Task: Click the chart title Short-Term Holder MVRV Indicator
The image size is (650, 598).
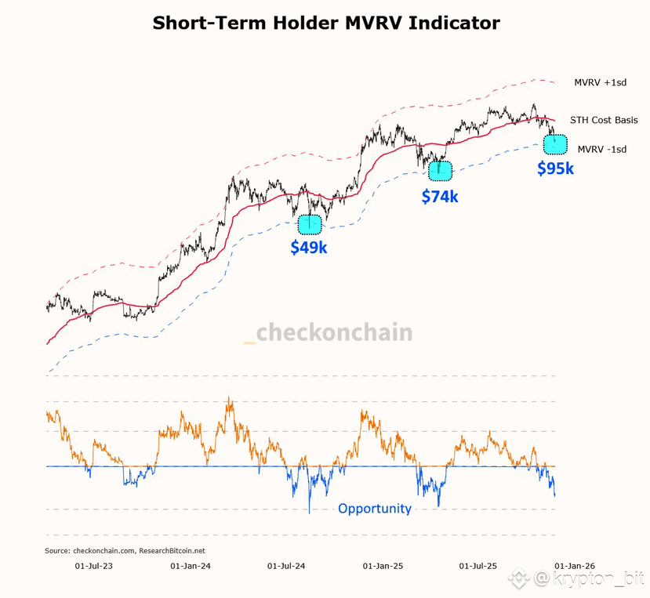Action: coord(325,23)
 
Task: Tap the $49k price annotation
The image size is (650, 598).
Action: coord(309,248)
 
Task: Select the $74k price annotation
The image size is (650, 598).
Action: coord(440,196)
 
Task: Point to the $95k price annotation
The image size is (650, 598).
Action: coord(555,168)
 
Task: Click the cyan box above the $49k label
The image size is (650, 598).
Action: coord(310,223)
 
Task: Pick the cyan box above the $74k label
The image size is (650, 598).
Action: coord(440,169)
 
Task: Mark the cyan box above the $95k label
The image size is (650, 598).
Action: coord(555,144)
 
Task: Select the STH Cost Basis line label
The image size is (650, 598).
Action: coord(604,120)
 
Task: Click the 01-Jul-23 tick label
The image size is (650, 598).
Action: coord(93,565)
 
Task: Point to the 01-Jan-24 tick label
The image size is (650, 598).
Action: coord(189,565)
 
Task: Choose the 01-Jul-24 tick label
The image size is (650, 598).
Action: coord(285,565)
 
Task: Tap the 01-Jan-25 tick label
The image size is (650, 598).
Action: coord(383,565)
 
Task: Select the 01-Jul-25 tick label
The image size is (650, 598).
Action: coord(478,565)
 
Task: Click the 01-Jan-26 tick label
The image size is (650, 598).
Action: coord(575,565)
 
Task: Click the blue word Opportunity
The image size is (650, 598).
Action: coord(375,509)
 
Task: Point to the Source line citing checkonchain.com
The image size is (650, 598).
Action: coord(125,550)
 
